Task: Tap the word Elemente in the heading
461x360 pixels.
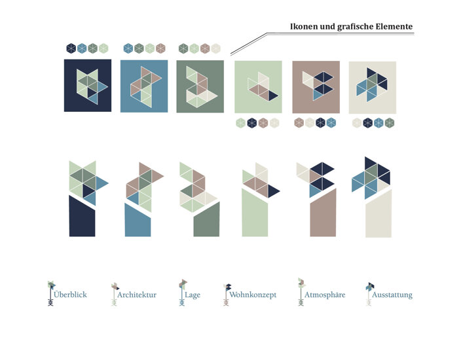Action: point(394,26)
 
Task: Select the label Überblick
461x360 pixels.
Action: point(70,294)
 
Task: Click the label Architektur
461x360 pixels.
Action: point(137,295)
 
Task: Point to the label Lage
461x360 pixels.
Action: point(193,295)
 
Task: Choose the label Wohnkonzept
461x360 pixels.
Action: point(253,295)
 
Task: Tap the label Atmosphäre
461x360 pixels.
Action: point(325,295)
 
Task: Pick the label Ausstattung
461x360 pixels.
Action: point(392,295)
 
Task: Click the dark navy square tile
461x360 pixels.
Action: point(88,86)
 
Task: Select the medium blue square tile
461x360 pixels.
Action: point(144,86)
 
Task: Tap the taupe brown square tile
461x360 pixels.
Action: point(316,87)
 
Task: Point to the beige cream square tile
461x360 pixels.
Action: point(373,87)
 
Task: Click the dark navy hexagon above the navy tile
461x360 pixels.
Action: point(71,48)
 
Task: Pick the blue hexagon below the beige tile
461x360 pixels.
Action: point(378,123)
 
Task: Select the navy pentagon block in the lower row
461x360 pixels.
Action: point(83,216)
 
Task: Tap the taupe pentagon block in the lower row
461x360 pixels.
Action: point(323,213)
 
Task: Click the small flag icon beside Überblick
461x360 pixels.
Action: point(51,293)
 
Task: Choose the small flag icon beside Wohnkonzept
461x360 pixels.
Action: point(227,295)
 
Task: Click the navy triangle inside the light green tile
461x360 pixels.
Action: point(272,96)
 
